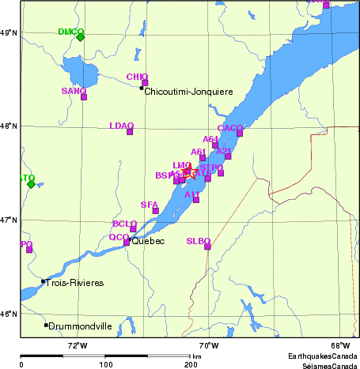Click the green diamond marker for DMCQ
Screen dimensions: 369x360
coord(80,36)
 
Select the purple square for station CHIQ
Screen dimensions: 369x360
coord(145,82)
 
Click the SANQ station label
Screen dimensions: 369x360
coord(74,91)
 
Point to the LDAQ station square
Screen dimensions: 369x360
coord(130,131)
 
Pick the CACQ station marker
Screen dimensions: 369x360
coord(240,133)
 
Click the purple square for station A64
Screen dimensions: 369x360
coord(215,145)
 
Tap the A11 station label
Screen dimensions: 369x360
coord(192,194)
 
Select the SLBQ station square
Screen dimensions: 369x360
coord(208,246)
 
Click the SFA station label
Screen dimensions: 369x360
coord(149,205)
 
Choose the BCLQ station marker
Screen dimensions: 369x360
coord(133,228)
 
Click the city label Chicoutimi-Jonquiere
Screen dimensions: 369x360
coord(189,92)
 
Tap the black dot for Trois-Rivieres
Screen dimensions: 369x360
coord(43,281)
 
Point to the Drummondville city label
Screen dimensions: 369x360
coord(81,325)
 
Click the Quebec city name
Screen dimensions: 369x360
coord(150,241)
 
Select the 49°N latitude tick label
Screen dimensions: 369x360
coord(9,32)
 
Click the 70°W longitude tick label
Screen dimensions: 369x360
coord(208,345)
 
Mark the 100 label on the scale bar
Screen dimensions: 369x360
coord(105,364)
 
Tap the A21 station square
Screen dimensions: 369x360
coord(228,156)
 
